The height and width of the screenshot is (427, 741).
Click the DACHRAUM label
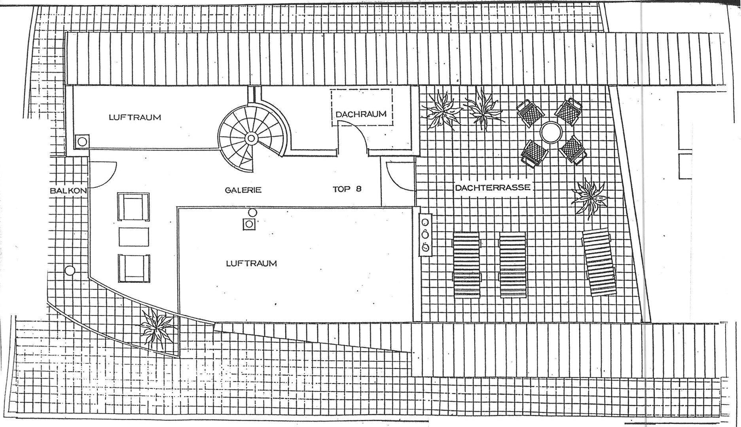click(x=360, y=114)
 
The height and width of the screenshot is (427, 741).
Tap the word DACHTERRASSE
click(x=492, y=188)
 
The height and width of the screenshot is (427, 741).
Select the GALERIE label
click(x=243, y=190)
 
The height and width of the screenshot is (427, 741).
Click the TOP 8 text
click(x=347, y=189)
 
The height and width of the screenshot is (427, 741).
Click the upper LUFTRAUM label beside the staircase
click(x=135, y=117)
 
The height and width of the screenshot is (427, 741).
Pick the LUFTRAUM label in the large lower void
click(x=251, y=263)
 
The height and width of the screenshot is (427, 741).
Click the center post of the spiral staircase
click(x=251, y=138)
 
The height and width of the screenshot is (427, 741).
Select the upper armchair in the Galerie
click(x=133, y=207)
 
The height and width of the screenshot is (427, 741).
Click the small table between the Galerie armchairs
click(x=134, y=237)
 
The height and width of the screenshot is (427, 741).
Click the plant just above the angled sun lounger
click(x=589, y=196)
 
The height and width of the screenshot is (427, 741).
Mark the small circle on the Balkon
click(x=70, y=271)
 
